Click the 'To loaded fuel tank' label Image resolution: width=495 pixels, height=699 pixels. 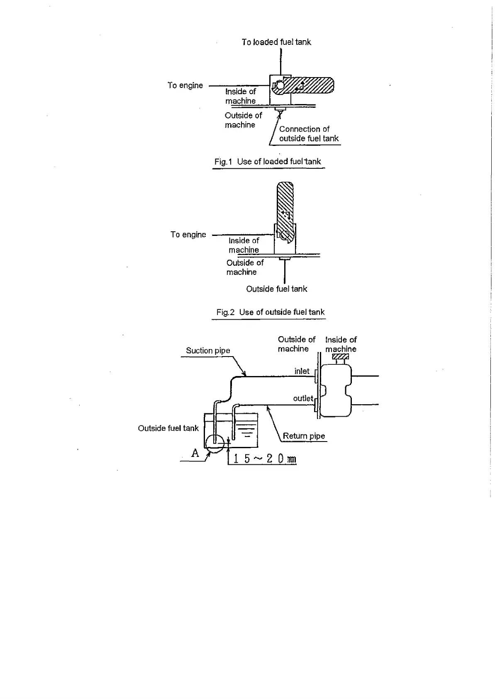pyautogui.click(x=276, y=42)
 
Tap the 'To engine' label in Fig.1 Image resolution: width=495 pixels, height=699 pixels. pyautogui.click(x=185, y=85)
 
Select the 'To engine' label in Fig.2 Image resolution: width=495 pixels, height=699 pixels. pyautogui.click(x=188, y=235)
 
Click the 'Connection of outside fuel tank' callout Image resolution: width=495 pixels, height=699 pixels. pyautogui.click(x=309, y=134)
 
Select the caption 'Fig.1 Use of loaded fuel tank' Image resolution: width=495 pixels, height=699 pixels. pyautogui.click(x=268, y=162)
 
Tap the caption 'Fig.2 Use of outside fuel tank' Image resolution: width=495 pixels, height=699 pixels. pyautogui.click(x=270, y=312)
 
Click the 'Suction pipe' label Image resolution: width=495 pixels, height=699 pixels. pyautogui.click(x=208, y=351)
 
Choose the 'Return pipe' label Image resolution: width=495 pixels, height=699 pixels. pyautogui.click(x=304, y=436)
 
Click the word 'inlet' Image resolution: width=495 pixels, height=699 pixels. pyautogui.click(x=302, y=371)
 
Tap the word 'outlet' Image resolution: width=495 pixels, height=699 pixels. pyautogui.click(x=303, y=398)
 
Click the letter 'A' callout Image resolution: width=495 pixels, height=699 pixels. pyautogui.click(x=195, y=453)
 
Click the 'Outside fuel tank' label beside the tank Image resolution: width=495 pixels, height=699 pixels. pyautogui.click(x=168, y=428)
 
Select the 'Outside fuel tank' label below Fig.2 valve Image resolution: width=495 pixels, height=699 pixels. pyautogui.click(x=276, y=289)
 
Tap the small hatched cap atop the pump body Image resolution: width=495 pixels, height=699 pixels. pyautogui.click(x=340, y=357)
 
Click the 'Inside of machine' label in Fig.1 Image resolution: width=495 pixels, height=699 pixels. pyautogui.click(x=241, y=96)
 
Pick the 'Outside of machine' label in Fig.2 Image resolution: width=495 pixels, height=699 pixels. pyautogui.click(x=245, y=267)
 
